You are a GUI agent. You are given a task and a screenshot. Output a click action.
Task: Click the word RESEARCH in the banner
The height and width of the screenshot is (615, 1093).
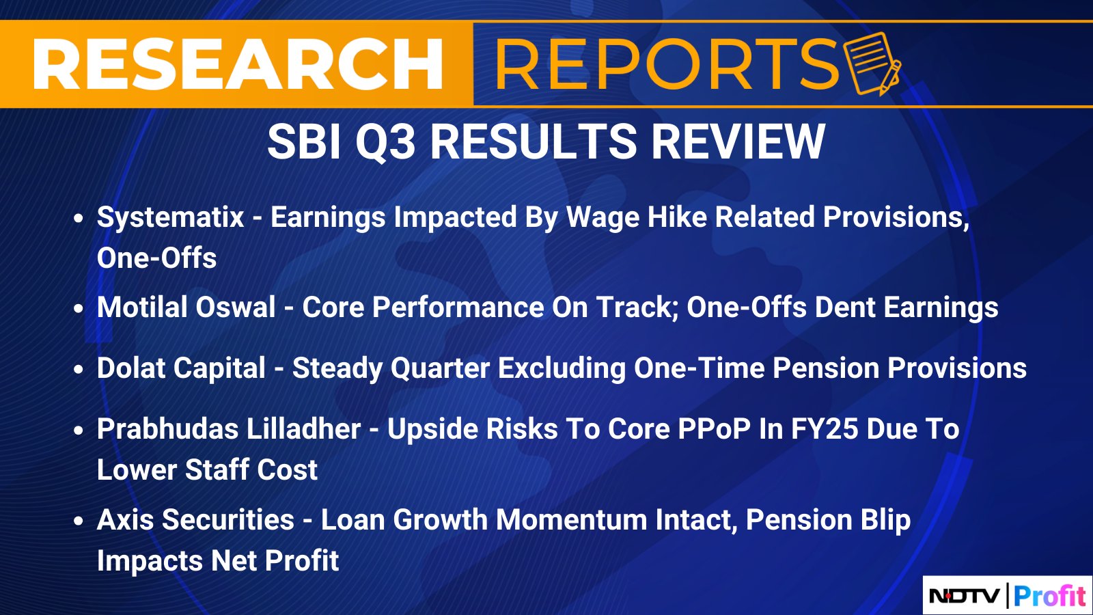pyautogui.click(x=238, y=64)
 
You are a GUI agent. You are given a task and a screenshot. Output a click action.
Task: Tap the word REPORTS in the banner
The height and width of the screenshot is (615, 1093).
pyautogui.click(x=667, y=64)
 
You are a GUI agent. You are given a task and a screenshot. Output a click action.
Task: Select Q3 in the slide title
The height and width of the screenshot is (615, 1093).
pyautogui.click(x=385, y=142)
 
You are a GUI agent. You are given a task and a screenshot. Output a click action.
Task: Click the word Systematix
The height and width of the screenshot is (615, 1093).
pyautogui.click(x=170, y=217)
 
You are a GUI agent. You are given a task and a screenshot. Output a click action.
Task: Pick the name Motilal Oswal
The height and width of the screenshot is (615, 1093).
pyautogui.click(x=186, y=307)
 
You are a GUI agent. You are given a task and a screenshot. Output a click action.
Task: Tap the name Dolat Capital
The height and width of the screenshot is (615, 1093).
pyautogui.click(x=181, y=368)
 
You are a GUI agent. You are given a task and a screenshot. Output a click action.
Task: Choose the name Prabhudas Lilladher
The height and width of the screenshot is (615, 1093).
pyautogui.click(x=228, y=429)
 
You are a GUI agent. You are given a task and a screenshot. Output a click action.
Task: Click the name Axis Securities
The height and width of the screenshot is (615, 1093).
pyautogui.click(x=195, y=519)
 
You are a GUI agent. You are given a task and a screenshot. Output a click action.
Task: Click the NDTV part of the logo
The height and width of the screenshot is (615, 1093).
pyautogui.click(x=964, y=595)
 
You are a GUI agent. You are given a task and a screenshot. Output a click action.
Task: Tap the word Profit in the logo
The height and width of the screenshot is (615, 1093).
pyautogui.click(x=1049, y=595)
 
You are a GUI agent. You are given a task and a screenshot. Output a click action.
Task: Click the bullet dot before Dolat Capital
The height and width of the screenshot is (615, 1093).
pyautogui.click(x=79, y=369)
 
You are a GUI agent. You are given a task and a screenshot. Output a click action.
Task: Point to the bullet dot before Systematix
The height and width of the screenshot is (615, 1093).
pyautogui.click(x=79, y=218)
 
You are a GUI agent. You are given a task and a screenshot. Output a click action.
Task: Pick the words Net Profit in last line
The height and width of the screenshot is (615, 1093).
pyautogui.click(x=275, y=560)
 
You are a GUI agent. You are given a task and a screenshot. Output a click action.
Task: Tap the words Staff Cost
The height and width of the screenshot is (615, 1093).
pyautogui.click(x=251, y=469)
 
